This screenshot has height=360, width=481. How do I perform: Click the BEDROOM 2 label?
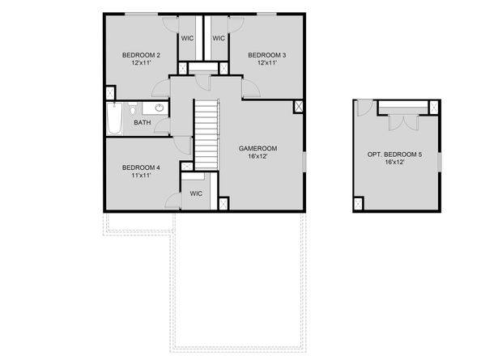(x=141, y=55)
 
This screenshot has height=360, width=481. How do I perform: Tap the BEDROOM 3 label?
(x=266, y=55)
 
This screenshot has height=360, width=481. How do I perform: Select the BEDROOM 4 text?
(x=141, y=167)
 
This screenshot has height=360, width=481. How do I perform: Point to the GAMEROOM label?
(x=258, y=148)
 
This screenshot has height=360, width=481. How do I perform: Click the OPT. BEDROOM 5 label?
(x=394, y=154)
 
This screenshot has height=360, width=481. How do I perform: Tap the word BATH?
(x=142, y=123)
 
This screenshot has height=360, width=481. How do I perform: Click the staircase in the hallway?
(x=206, y=134)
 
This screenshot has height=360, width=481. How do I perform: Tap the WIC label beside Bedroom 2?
(x=187, y=38)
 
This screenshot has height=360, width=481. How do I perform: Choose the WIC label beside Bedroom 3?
(x=219, y=38)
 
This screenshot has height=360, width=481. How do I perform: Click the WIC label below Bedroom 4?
(x=196, y=193)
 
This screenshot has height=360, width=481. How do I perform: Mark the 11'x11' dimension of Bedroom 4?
(x=141, y=176)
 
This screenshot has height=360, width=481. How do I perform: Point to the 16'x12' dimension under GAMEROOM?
(x=258, y=157)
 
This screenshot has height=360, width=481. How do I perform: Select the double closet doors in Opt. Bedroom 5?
(x=402, y=122)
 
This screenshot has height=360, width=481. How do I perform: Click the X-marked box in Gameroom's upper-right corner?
(x=298, y=106)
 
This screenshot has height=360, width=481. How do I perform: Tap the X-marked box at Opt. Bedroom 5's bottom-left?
(x=360, y=203)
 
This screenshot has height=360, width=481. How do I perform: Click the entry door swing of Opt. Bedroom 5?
(x=364, y=108)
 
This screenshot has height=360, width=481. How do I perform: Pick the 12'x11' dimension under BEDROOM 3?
(x=266, y=63)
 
